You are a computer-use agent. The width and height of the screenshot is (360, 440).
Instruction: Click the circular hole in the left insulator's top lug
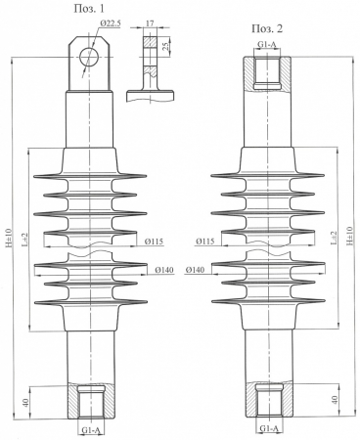coord(89,55)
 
